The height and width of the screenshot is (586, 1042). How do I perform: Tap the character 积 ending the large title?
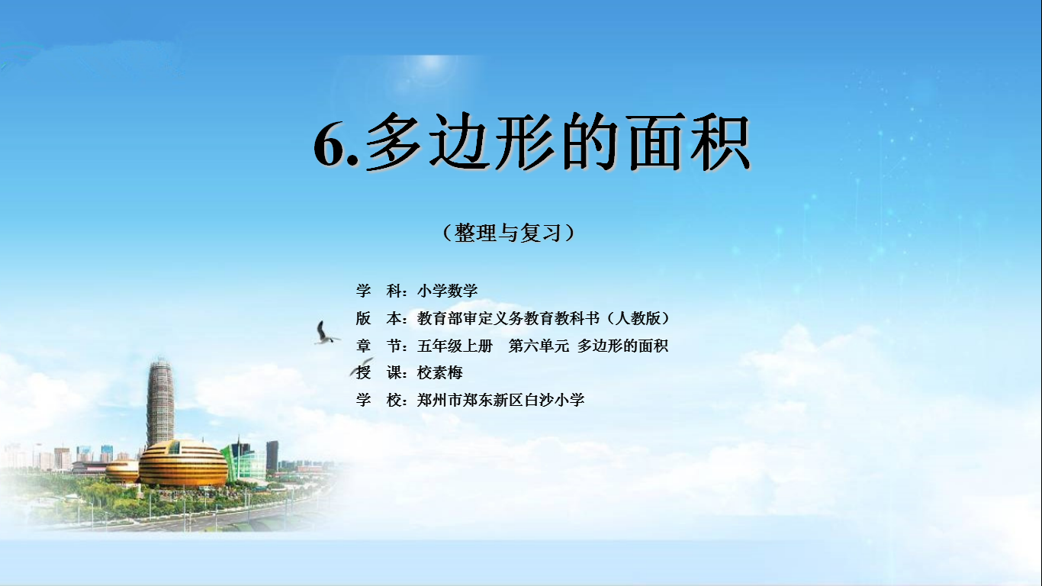(x=721, y=142)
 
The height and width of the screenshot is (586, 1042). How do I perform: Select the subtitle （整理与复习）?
(x=509, y=233)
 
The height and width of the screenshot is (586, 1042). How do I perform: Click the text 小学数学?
(x=447, y=291)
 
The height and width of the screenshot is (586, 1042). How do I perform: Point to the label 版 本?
(x=378, y=318)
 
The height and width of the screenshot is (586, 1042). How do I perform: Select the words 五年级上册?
(x=455, y=346)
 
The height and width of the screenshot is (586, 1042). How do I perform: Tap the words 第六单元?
(x=539, y=346)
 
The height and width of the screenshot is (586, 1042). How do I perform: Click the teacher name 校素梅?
(x=439, y=373)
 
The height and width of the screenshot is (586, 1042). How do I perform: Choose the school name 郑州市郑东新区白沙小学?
(x=500, y=400)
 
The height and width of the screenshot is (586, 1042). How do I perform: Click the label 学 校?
(x=378, y=400)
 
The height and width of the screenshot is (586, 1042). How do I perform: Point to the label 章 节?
(x=378, y=346)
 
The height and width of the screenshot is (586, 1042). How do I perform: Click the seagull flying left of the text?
(x=325, y=333)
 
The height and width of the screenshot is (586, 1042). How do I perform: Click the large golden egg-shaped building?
(x=183, y=463)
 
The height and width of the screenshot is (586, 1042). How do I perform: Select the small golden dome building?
(x=122, y=471)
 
